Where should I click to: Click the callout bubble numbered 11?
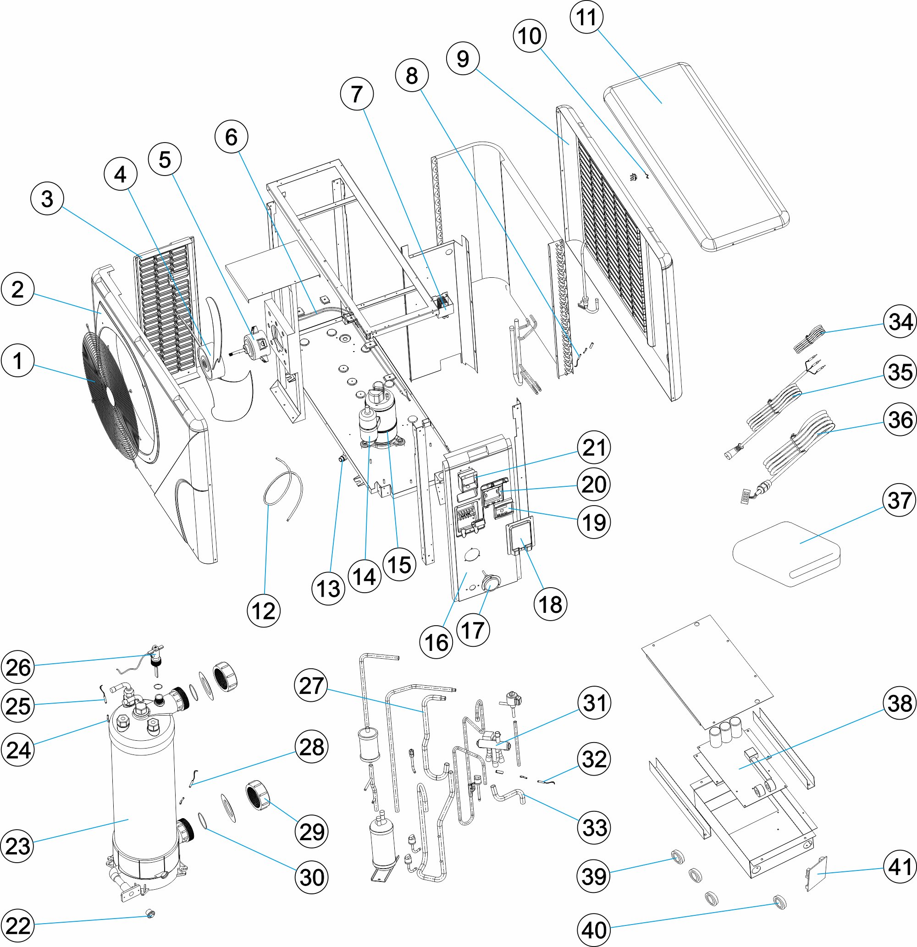[587, 17]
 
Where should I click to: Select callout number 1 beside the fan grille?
[18, 361]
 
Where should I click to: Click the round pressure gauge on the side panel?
[490, 583]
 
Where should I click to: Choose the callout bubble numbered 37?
[900, 500]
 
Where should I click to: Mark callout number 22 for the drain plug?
[18, 926]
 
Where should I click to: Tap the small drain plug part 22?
[150, 913]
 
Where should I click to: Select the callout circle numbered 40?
[594, 930]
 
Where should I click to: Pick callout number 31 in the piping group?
[594, 703]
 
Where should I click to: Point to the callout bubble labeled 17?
[473, 630]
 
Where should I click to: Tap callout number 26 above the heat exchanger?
[18, 667]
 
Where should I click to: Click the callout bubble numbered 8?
[412, 75]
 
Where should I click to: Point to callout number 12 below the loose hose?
[264, 611]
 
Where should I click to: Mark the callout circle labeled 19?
[594, 522]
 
